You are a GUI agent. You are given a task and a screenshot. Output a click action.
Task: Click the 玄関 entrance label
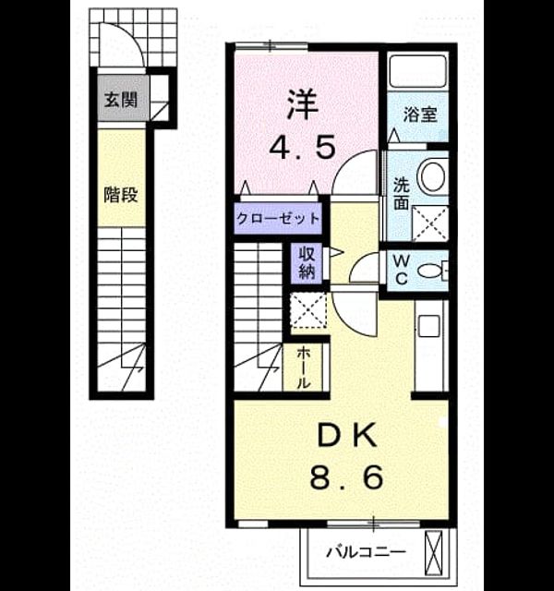click(x=121, y=100)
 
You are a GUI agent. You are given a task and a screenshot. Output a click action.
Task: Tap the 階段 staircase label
click(x=121, y=195)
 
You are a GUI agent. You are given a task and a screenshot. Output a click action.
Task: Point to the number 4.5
click(x=302, y=147)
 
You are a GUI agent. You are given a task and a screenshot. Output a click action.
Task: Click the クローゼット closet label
click(x=278, y=218)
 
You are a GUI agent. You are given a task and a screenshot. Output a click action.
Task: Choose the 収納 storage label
click(x=307, y=262)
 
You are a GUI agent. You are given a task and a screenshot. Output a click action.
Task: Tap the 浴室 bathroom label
click(x=420, y=115)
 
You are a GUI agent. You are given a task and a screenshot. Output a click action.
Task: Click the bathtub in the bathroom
click(x=418, y=71)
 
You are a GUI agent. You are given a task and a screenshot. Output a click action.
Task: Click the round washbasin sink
click(x=433, y=176)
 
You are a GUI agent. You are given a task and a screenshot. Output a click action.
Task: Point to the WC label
click(x=402, y=270)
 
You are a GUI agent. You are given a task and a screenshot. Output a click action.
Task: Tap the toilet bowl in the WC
click(x=432, y=271)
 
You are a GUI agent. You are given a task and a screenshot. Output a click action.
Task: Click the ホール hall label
click(x=303, y=368)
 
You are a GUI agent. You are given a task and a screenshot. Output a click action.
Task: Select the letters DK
click(x=347, y=435)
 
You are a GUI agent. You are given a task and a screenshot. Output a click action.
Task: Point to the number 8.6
click(x=347, y=477)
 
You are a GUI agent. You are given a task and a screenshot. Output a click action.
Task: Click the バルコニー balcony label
click(x=366, y=552)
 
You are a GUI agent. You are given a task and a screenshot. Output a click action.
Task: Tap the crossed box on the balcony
click(x=433, y=551)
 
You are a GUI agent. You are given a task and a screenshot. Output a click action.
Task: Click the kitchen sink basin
click(x=429, y=326)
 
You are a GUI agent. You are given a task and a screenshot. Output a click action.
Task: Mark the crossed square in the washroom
click(x=429, y=223)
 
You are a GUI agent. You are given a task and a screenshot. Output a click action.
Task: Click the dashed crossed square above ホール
click(x=309, y=310)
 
